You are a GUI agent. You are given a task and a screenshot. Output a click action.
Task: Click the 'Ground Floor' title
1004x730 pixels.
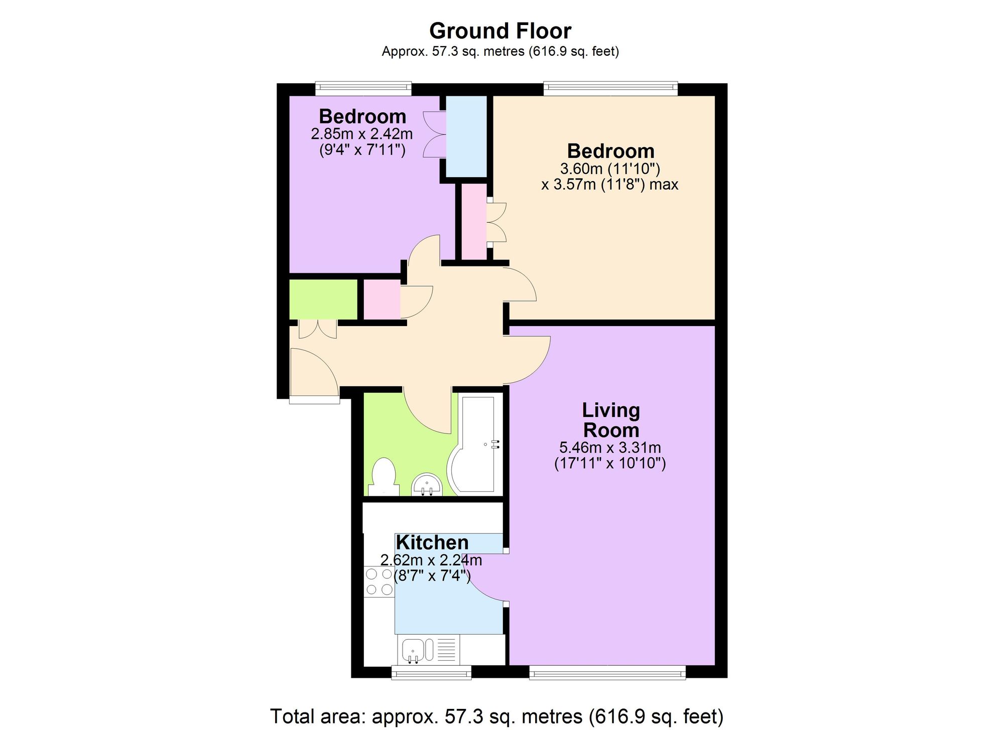500,31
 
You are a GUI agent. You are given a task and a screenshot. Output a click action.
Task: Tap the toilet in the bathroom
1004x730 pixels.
384,477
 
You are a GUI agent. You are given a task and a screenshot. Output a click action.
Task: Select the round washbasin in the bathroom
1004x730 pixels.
427,484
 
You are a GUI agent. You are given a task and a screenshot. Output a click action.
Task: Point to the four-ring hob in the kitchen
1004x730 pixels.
379,582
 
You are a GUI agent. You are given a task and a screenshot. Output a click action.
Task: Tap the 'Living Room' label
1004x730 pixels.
611,420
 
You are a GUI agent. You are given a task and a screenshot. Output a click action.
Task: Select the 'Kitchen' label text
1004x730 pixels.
432,542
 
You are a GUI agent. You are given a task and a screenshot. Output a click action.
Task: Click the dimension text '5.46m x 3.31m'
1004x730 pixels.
610,447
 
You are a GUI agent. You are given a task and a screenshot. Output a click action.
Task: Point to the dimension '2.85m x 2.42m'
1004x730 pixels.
362,134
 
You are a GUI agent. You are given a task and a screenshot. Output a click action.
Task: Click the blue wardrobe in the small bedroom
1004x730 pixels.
466,136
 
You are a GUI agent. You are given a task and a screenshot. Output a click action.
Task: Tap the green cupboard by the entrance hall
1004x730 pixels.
323,300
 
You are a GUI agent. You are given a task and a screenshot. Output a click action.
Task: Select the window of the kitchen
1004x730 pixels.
431,672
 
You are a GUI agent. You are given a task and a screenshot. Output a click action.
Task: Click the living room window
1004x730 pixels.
607,672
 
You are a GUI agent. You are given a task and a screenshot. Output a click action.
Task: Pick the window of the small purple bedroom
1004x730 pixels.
363,89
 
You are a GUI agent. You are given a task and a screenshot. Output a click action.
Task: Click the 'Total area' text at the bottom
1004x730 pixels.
497,716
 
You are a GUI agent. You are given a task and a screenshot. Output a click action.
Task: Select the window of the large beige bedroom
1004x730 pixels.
610,89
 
